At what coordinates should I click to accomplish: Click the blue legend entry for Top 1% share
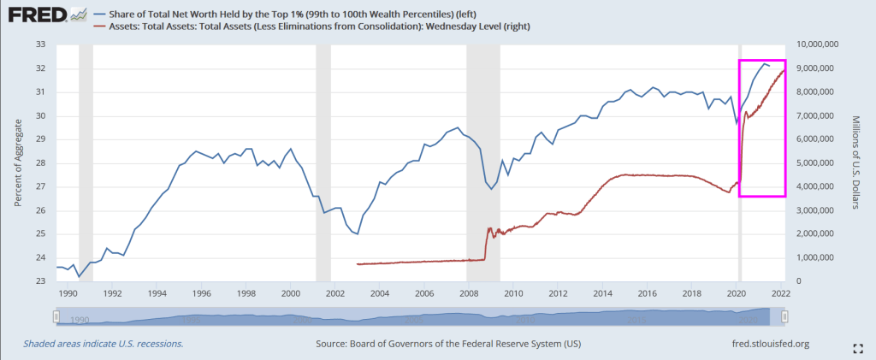click(x=291, y=14)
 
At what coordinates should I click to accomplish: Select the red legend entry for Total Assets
click(x=317, y=27)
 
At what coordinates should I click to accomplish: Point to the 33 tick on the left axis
click(x=38, y=44)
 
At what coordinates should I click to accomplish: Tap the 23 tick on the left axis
click(x=38, y=281)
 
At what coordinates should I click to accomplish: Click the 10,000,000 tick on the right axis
click(x=822, y=44)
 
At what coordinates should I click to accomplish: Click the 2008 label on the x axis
click(x=469, y=293)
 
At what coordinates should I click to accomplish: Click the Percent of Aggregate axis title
click(x=17, y=162)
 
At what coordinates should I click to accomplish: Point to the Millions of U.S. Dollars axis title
click(x=858, y=162)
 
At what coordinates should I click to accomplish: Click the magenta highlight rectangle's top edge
click(x=762, y=61)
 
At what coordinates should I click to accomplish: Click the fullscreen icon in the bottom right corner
click(x=858, y=347)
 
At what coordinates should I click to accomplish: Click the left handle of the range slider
click(x=56, y=317)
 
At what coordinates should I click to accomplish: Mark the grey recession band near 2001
click(x=323, y=162)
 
